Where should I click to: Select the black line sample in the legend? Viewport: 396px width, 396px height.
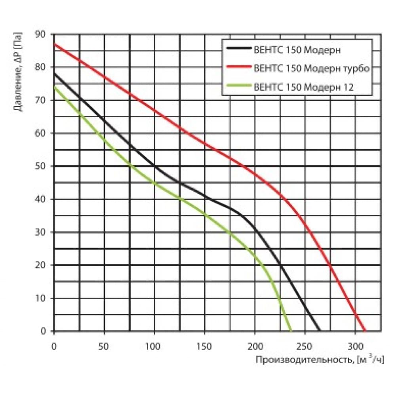(x=239, y=49)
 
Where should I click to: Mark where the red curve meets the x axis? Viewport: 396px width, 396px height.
(x=365, y=331)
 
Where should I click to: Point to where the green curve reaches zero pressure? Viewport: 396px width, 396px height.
(x=291, y=331)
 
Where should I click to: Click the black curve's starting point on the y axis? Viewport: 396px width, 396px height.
(x=54, y=74)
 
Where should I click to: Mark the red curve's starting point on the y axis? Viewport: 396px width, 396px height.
(x=54, y=44)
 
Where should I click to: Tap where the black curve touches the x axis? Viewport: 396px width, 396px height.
(x=320, y=331)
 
